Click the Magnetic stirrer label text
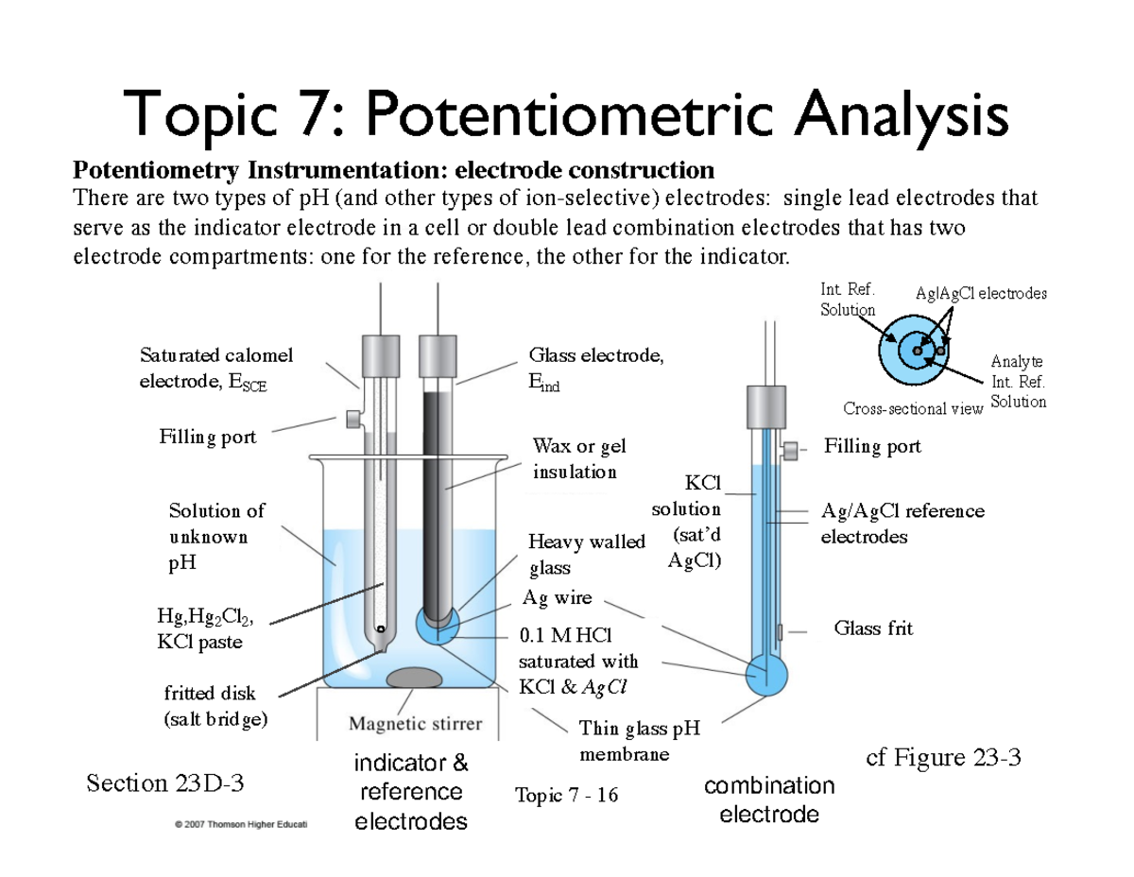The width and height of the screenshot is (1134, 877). pos(416,725)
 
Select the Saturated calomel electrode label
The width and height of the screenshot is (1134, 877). pos(215,369)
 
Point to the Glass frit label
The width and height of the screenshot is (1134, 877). pos(873,628)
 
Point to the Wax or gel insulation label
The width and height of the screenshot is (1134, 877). pos(577,458)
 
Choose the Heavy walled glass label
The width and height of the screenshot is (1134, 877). pos(586,555)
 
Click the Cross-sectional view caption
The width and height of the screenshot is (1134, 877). pos(912,408)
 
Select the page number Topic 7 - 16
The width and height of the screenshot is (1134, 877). pos(567,795)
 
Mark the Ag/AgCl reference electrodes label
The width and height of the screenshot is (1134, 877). pos(902,524)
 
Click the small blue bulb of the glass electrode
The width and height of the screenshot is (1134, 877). pos(438,626)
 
